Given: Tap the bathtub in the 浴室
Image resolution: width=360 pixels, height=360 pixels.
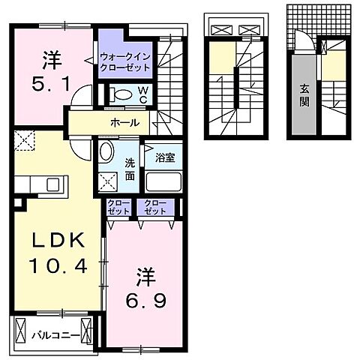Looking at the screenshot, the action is coord(163,181).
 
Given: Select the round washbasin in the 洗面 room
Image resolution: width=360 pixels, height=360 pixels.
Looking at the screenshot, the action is coord(106,151).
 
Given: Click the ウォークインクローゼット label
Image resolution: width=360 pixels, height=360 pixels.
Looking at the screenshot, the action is coord(125,62).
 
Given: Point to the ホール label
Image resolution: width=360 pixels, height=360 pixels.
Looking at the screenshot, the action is coord(125,123).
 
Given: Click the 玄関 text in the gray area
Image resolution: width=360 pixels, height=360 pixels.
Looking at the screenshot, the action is coord(304,95).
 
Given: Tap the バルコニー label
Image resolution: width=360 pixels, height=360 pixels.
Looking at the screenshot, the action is coord(55,336).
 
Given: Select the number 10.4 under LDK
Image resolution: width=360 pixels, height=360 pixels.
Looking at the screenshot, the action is coord(58,265).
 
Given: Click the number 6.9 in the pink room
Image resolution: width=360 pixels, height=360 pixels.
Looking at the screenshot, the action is coord(145,301).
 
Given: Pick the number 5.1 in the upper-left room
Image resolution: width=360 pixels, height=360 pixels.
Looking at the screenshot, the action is coord(51,84).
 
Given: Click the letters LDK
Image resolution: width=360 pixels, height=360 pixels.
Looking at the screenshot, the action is coord(58,241).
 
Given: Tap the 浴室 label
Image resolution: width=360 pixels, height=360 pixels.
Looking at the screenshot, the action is coord(165,157).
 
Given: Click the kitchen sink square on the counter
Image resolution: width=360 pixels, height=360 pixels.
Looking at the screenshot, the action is coord(52,184).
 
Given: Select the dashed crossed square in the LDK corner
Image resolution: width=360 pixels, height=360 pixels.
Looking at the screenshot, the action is coord(24,140).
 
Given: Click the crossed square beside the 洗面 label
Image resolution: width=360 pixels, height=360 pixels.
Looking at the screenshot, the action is coord(108,181).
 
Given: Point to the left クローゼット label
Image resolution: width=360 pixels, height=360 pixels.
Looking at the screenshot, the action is coord(118,207).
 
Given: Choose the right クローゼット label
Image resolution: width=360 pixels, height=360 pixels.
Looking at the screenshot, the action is coord(155,207).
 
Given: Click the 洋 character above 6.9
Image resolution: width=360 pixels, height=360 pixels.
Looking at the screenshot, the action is coord(145,277).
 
